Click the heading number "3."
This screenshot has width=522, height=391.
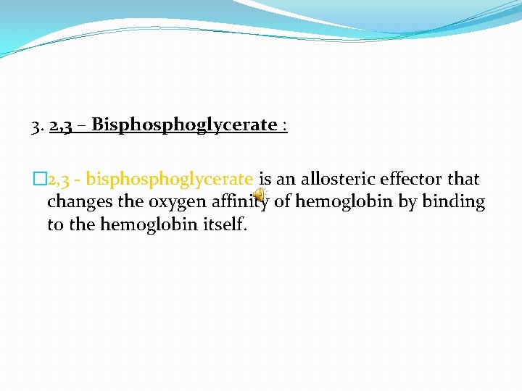(38, 126)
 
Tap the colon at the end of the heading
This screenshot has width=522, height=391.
(285, 127)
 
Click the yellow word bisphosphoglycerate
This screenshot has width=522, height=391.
(170, 179)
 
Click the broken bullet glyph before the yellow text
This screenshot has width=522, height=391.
(38, 179)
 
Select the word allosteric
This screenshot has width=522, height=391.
(336, 179)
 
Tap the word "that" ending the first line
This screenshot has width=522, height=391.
(463, 179)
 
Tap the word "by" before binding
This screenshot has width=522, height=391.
(407, 202)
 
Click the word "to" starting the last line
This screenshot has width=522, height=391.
(55, 225)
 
